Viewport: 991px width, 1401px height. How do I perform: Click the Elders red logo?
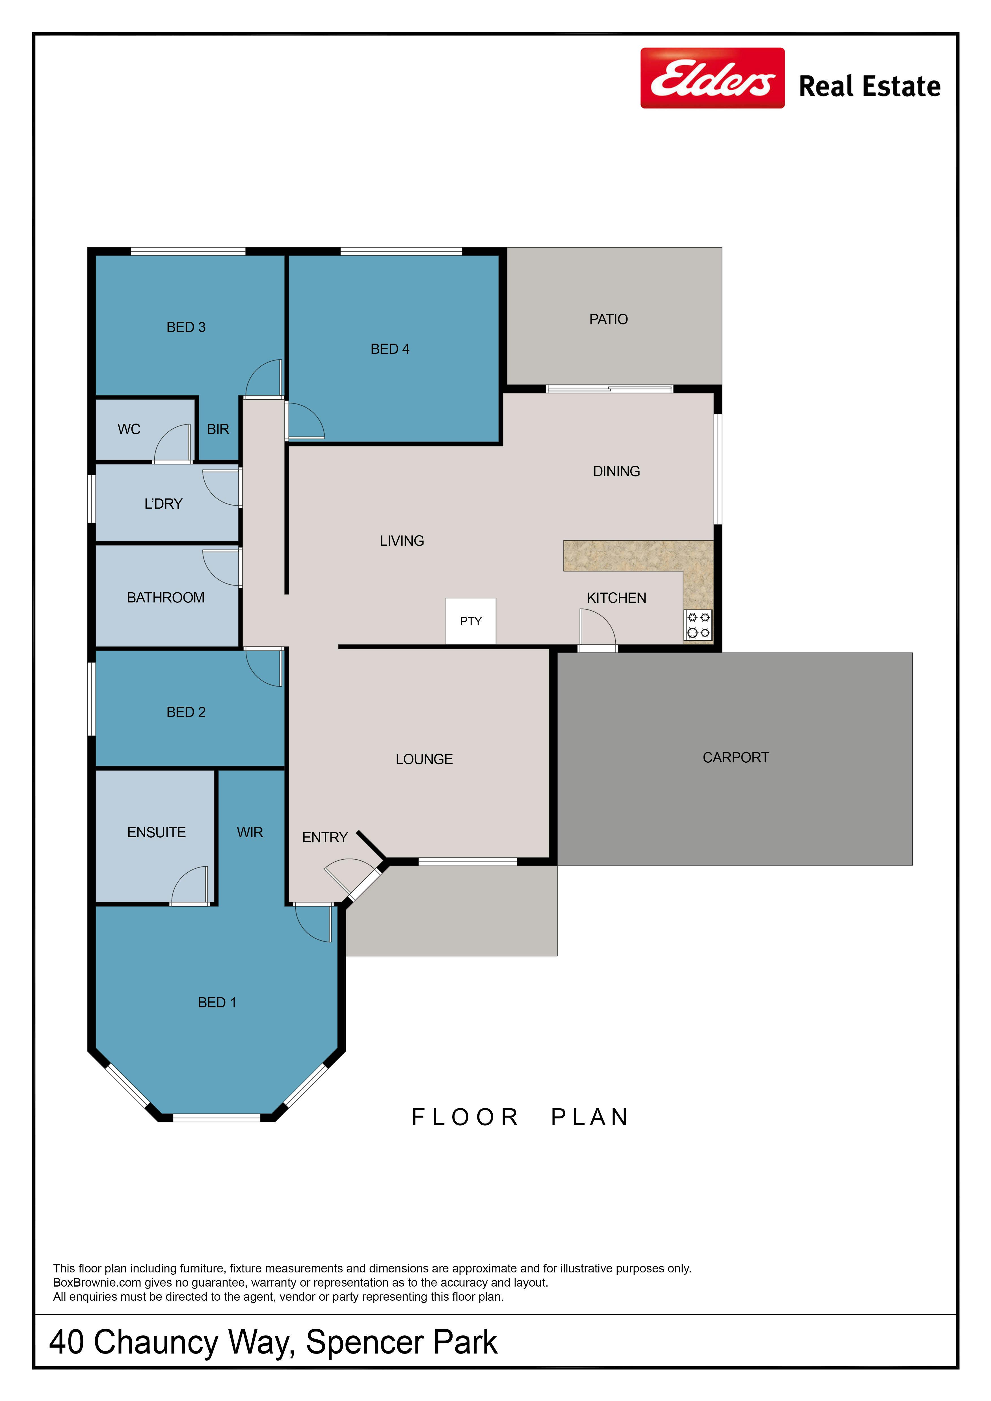pos(712,78)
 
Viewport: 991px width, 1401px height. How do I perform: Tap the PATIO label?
pos(608,319)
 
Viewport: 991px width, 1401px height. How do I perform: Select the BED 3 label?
pos(186,327)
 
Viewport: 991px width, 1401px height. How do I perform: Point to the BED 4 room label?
pos(390,349)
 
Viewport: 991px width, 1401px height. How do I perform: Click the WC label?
pos(129,430)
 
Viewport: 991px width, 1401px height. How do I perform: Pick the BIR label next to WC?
pos(218,430)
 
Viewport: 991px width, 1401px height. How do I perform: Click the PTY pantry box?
pos(470,621)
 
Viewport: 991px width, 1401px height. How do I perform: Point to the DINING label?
pos(616,471)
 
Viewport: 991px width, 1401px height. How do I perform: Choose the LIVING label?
pos(402,541)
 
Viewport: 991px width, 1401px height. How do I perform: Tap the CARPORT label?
pos(735,757)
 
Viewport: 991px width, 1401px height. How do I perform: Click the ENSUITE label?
pos(156,832)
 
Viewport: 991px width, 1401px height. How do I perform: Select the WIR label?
pos(250,832)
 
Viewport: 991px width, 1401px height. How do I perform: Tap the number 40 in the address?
pos(66,1343)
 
